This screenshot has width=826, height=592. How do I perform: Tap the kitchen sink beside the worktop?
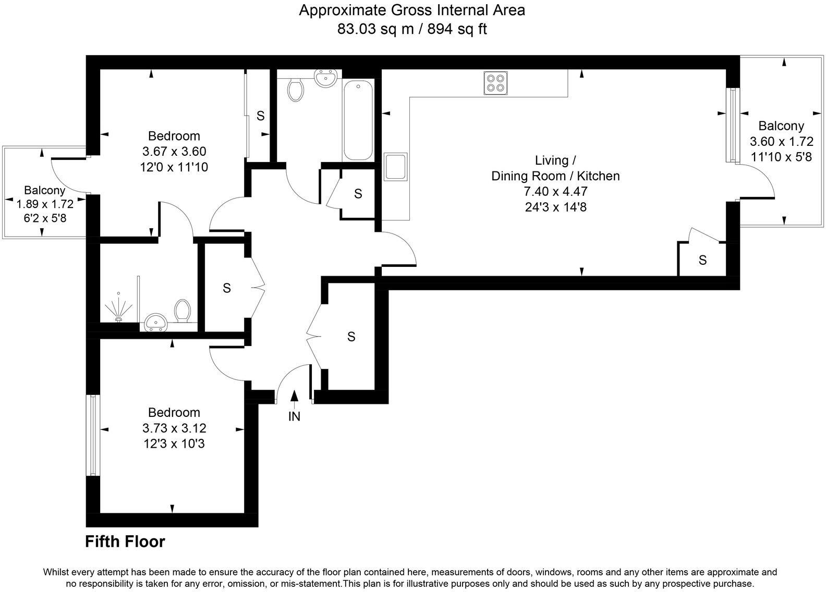(x=396, y=167)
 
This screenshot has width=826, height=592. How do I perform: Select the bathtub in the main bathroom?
(x=358, y=121)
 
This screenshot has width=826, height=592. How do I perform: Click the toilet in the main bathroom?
(x=296, y=90)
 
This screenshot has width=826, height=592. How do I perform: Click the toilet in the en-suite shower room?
(x=183, y=310)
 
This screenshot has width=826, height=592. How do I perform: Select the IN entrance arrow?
(x=295, y=400)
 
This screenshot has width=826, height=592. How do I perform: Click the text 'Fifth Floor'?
(x=125, y=541)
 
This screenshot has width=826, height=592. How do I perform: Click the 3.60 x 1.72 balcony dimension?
(x=781, y=141)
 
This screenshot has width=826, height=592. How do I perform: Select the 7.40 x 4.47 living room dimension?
(x=555, y=191)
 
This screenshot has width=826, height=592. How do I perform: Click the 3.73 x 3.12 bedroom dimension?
(x=174, y=428)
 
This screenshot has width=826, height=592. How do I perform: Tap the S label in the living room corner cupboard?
(x=702, y=260)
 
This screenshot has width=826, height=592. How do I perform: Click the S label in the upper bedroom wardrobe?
(x=260, y=116)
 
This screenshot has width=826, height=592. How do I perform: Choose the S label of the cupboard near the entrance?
(x=351, y=337)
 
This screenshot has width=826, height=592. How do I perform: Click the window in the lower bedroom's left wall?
(x=93, y=435)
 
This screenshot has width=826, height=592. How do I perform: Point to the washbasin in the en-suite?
(x=155, y=323)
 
